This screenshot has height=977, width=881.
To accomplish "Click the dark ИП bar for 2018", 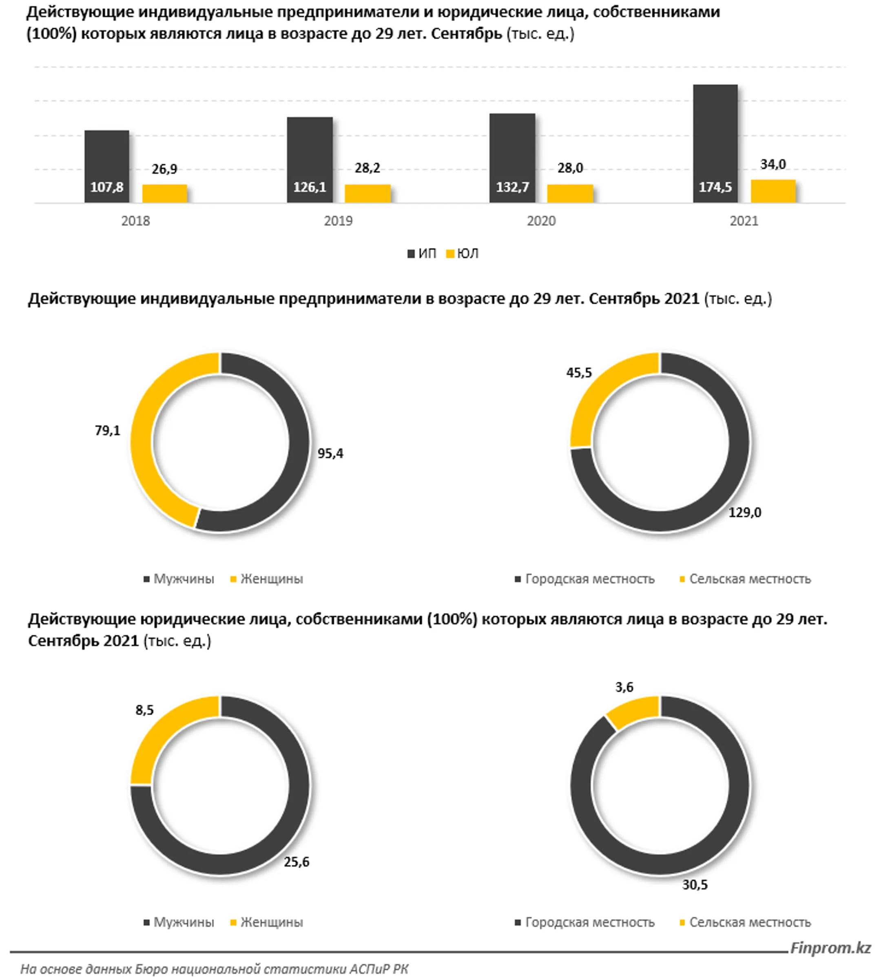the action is [107, 166].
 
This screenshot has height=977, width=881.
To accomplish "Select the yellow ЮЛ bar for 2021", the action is [773, 191].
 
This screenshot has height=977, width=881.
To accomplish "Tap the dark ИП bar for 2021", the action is [715, 144].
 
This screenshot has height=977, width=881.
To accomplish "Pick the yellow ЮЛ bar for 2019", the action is [367, 194].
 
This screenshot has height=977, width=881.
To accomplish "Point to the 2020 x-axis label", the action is [541, 221].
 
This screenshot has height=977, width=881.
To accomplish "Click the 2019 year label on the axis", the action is [339, 221].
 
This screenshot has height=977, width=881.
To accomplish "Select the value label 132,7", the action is [512, 187].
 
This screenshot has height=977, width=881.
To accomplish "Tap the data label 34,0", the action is [773, 164].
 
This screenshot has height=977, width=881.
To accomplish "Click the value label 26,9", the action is [165, 169].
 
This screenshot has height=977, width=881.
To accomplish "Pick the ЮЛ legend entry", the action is [462, 254].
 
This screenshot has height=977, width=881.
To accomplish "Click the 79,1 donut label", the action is [107, 430].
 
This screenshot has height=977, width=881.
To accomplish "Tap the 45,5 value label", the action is [580, 372].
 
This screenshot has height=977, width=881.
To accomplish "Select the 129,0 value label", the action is [745, 512].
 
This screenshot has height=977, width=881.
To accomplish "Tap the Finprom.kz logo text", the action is [831, 948].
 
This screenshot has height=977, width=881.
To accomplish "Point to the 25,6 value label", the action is [296, 862].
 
